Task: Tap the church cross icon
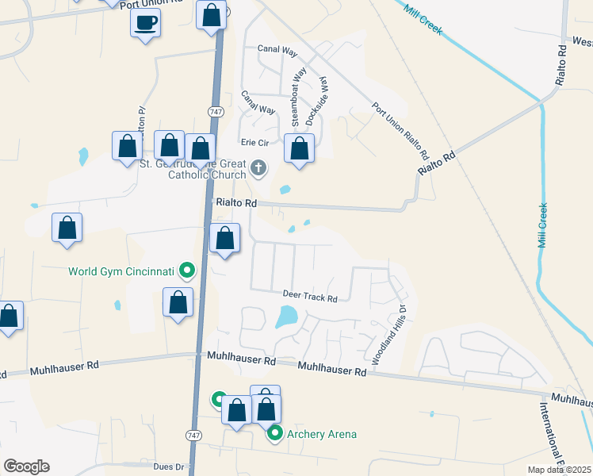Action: pos(258,168)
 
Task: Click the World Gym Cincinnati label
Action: pos(121,271)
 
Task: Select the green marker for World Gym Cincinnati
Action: pos(187,271)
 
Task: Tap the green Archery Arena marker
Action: pos(275,433)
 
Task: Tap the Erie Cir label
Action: pos(256,143)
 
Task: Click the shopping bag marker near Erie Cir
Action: pos(299,148)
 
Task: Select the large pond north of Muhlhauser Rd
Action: pos(285,318)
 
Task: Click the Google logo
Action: pos(26,466)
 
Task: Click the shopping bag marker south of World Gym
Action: pos(178,302)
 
